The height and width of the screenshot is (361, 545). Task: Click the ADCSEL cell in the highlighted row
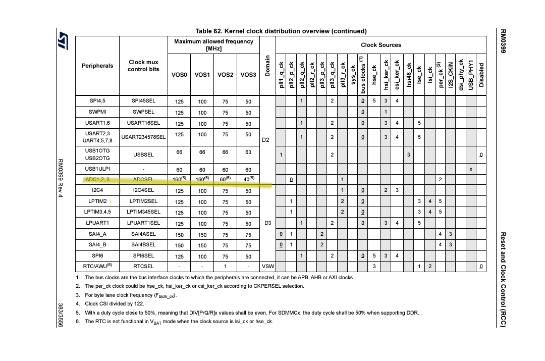(143, 179)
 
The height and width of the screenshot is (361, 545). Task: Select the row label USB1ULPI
(97, 169)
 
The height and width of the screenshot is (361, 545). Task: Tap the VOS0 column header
(179, 75)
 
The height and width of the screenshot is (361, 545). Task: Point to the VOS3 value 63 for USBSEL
(248, 152)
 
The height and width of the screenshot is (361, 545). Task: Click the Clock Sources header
(382, 45)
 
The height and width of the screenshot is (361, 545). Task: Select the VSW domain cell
(267, 266)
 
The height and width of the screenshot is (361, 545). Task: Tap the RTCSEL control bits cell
(143, 266)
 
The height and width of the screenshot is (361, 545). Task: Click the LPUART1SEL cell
(143, 223)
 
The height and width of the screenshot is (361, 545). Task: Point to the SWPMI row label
(97, 112)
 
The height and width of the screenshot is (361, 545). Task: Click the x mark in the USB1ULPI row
(471, 169)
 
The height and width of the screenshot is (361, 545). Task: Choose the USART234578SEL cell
(143, 137)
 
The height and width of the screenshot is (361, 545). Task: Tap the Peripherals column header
(97, 66)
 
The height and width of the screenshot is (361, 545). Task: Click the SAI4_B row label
(97, 244)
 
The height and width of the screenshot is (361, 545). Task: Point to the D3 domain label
(267, 222)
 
